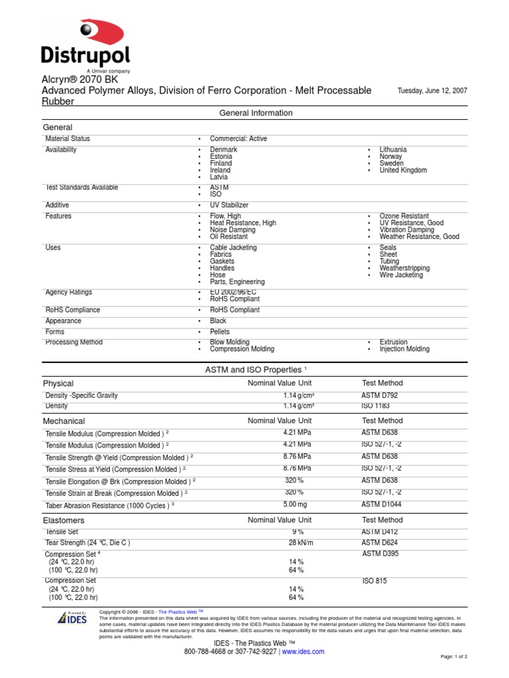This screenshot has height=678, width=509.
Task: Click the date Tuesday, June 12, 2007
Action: click(x=431, y=91)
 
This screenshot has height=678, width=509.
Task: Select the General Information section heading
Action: click(x=255, y=113)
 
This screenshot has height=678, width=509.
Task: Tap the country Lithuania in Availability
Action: click(x=393, y=150)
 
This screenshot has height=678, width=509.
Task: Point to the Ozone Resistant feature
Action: click(x=404, y=217)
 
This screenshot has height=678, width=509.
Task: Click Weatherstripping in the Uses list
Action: click(x=404, y=268)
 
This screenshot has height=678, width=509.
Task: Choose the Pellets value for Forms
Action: click(x=220, y=332)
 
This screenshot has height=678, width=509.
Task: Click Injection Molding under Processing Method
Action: click(x=404, y=349)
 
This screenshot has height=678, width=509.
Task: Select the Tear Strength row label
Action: click(x=87, y=543)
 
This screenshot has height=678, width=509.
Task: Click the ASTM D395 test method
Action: click(x=380, y=554)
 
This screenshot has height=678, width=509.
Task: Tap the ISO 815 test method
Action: click(x=374, y=581)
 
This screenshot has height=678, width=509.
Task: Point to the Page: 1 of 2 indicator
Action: click(x=454, y=657)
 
